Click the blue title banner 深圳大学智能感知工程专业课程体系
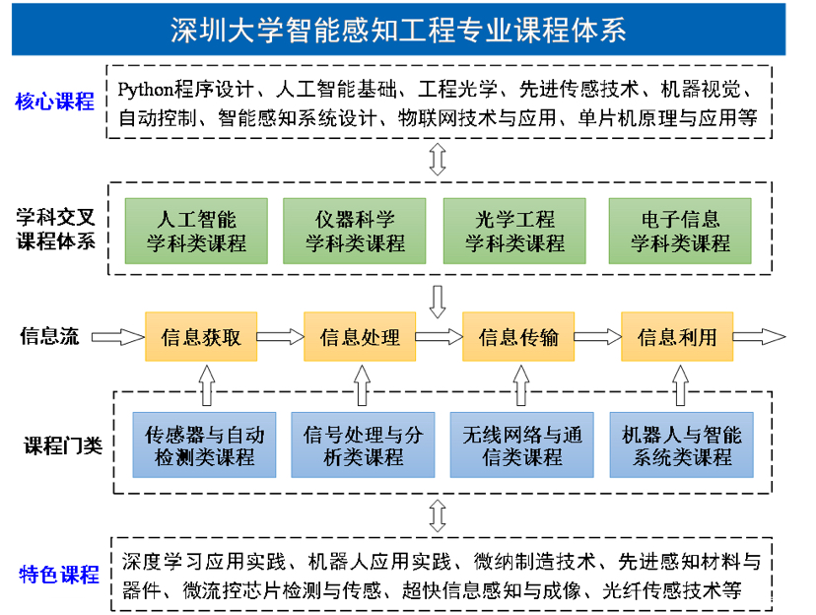pos(398,30)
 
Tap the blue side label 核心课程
pos(54,102)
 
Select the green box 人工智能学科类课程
pos(196,231)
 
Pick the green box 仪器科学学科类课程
pos(355,231)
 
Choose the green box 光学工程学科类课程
pos(514,231)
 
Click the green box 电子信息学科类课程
pos(680,231)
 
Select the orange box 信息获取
pos(201,337)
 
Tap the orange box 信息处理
pos(360,337)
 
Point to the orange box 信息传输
pos(518,337)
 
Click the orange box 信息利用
pos(677,337)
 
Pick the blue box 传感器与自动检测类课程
pos(205,444)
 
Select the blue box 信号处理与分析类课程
pos(364,444)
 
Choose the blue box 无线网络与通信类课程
pos(522,444)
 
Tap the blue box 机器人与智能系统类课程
pos(682,444)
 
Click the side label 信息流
pos(49,336)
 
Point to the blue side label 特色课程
pos(59,575)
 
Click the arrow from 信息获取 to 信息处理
pos(281,337)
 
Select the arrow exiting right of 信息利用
pos(759,337)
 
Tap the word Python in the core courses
pos(145,90)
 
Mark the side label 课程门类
pos(63,445)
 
